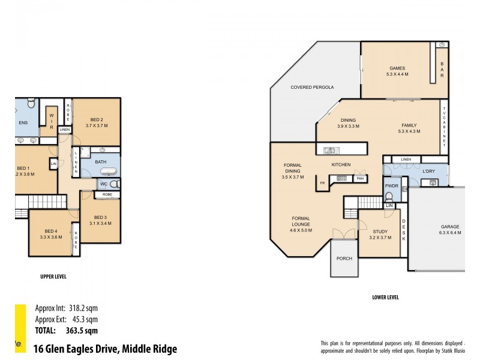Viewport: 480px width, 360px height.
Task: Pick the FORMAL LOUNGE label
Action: pos(302,221)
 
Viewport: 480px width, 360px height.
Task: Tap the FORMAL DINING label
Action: pos(293,171)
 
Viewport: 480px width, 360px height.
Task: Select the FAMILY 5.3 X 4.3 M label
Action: pos(409,129)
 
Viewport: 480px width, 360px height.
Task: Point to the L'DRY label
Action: pos(428,172)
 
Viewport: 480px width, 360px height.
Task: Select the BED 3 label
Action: pos(100,220)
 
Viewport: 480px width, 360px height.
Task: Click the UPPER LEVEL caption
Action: pos(53,277)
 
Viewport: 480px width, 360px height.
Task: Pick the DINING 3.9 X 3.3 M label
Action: pos(348,123)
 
